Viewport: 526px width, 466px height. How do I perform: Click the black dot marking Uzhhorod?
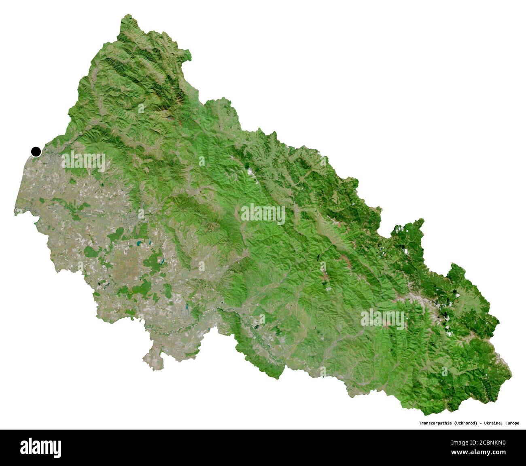point(36,152)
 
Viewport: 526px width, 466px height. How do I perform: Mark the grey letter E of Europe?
point(506,424)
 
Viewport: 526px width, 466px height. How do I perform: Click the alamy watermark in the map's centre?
point(263,214)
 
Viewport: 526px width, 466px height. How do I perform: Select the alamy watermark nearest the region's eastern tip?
point(382,319)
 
